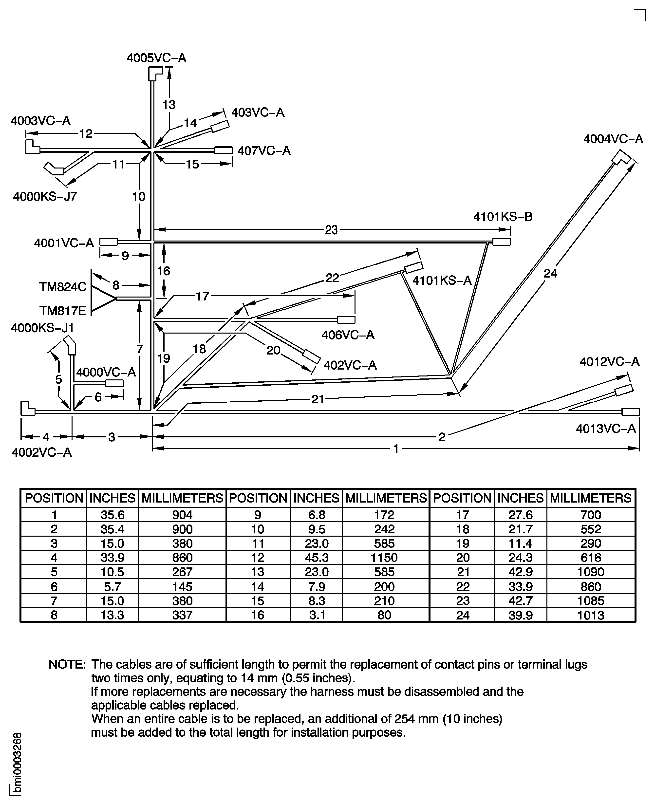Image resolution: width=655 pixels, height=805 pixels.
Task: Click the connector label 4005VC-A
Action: [x=156, y=58]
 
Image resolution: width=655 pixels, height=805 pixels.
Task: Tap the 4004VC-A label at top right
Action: [x=613, y=139]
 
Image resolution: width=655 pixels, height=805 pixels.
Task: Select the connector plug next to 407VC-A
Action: [x=223, y=150]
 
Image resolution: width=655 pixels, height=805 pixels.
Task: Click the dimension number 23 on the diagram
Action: [x=331, y=230]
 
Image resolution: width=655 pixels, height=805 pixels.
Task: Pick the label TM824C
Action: [x=63, y=287]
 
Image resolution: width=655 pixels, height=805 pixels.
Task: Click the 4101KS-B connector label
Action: [x=503, y=217]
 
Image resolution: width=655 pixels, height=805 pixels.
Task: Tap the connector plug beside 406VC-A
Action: [x=346, y=320]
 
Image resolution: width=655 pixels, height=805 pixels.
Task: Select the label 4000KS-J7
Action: [x=45, y=197]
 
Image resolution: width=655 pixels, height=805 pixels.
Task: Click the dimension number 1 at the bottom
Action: [x=396, y=449]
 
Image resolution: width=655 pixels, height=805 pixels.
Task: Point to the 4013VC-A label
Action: [x=606, y=429]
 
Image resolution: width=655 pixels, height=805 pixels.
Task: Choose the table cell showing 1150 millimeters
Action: [x=384, y=558]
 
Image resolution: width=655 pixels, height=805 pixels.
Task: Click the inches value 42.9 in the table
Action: [x=520, y=572]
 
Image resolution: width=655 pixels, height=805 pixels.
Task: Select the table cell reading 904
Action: [x=182, y=515]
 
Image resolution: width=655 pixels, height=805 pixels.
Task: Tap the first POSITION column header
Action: [x=54, y=498]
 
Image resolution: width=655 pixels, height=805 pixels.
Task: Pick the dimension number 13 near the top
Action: [x=169, y=105]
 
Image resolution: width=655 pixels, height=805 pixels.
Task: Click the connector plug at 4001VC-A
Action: [x=109, y=242]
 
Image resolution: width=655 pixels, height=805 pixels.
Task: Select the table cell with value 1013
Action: [x=590, y=615]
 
